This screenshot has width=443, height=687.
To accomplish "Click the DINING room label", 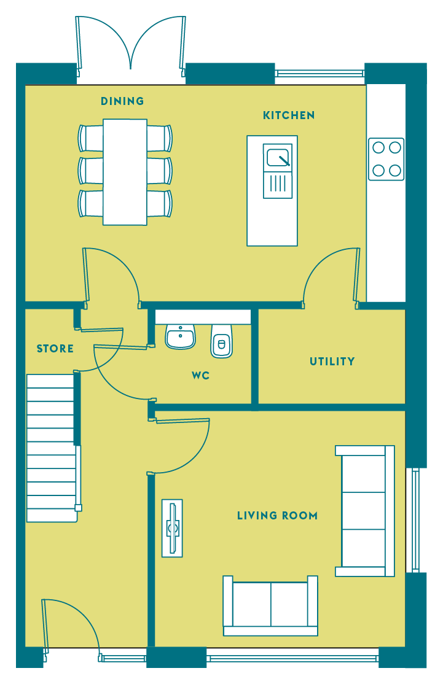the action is pos(122,101).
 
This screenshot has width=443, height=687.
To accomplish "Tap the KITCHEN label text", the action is pos(289,115).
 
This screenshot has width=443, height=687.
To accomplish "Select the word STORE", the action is pos(55,349).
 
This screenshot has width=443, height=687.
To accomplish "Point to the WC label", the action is pos(200,376).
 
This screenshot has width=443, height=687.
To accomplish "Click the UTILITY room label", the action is pos(332,362).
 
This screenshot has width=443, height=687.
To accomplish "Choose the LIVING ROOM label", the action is pos(277,516).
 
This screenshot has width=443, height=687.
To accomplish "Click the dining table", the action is pos(125,172).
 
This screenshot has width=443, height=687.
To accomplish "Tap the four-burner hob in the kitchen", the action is pos(386,159).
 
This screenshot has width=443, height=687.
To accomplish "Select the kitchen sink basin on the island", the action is pos(278,157).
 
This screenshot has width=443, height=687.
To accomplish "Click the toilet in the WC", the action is pos(221,341).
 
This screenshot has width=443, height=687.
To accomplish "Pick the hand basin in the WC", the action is pos(180,337).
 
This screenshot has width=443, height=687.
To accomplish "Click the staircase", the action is pos(52,448).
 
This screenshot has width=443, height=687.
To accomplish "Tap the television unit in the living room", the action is pos(172,529).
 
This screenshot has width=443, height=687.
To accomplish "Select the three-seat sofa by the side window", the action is pos(365,511).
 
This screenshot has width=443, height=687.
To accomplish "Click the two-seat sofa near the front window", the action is pos(270,606).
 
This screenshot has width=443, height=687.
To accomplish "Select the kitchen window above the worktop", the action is pos(320,74).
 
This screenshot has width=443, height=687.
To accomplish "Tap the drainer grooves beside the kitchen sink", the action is pos(278,184).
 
